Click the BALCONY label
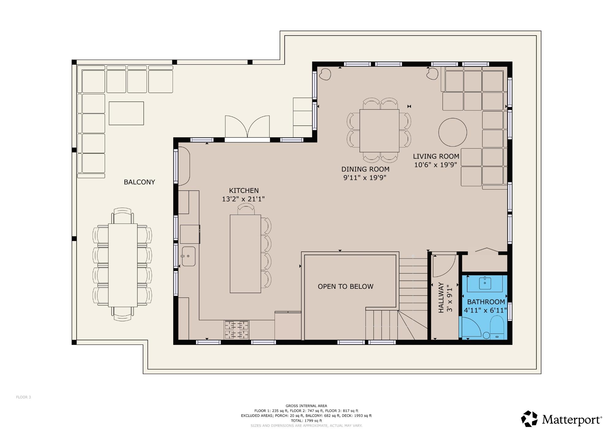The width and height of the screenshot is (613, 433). (139, 182)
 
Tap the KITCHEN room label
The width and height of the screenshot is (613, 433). (244, 190)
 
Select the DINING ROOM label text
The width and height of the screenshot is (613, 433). (365, 169)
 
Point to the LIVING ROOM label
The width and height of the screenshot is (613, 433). (436, 156)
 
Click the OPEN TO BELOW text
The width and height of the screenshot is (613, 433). (345, 287)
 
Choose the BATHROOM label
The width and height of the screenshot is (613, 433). (486, 302)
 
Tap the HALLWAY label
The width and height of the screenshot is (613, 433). (441, 298)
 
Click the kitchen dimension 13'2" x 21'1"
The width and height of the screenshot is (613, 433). (243, 199)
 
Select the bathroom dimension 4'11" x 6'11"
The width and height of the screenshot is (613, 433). (485, 311)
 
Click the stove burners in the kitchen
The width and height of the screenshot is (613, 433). (237, 330)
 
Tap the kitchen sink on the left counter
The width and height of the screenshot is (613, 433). (188, 256)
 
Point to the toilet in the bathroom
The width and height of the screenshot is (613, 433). (497, 328)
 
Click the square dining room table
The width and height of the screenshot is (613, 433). (379, 131)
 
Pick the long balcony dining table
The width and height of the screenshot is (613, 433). (123, 265)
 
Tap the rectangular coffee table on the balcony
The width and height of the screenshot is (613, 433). (126, 113)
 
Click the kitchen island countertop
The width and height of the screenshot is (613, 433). (245, 254)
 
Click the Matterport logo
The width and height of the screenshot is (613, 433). (561, 419)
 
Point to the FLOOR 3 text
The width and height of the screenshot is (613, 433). (24, 397)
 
